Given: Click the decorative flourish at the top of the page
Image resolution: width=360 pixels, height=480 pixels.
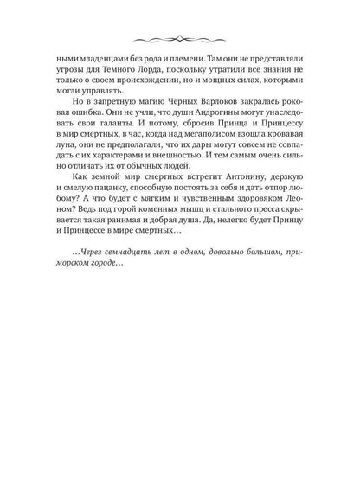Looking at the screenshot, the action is [x=179, y=40].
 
